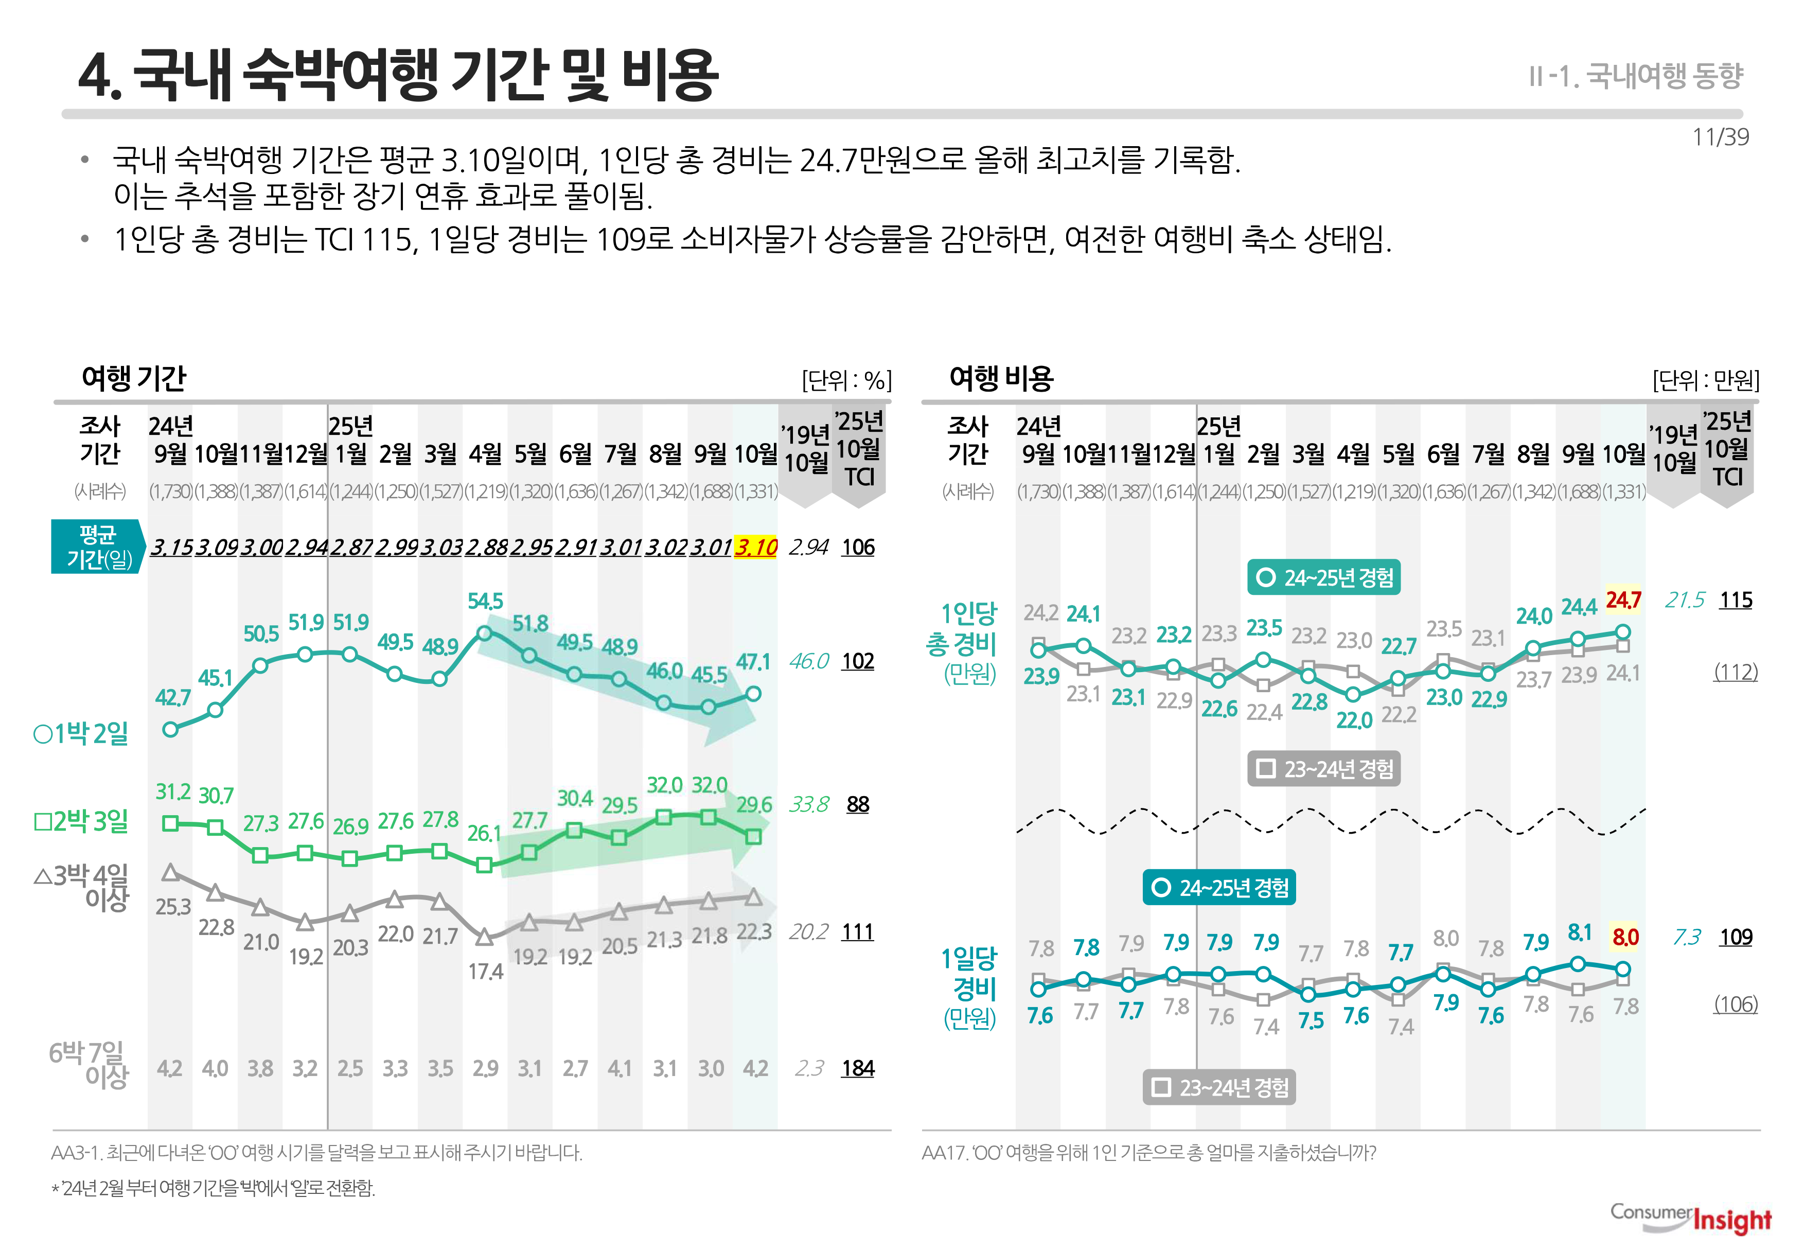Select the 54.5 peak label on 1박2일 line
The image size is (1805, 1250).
pyautogui.click(x=485, y=602)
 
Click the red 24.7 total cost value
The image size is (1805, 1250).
pyautogui.click(x=1623, y=600)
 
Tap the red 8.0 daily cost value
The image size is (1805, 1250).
pyautogui.click(x=1625, y=937)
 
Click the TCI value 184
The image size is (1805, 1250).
pyautogui.click(x=857, y=1068)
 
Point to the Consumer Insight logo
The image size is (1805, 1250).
pyautogui.click(x=1690, y=1217)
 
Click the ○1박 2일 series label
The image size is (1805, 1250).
pyautogui.click(x=81, y=734)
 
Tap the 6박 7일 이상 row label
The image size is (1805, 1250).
pyautogui.click(x=87, y=1064)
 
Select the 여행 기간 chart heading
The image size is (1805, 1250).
pyautogui.click(x=133, y=378)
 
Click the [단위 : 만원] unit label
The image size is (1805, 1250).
pyautogui.click(x=1706, y=381)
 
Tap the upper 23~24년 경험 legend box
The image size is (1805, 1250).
pyautogui.click(x=1323, y=769)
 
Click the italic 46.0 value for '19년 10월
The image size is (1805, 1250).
pyautogui.click(x=808, y=661)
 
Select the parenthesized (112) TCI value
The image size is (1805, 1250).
pyautogui.click(x=1736, y=672)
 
